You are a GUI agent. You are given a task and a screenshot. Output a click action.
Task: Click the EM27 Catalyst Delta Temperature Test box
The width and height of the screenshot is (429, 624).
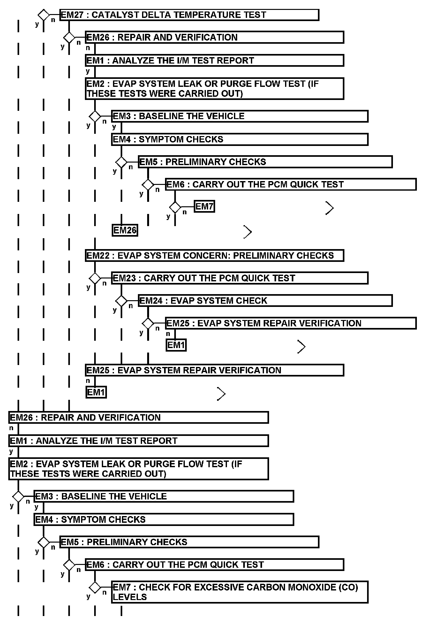click(189, 15)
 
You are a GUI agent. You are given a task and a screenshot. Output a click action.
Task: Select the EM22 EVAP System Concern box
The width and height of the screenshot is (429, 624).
click(214, 255)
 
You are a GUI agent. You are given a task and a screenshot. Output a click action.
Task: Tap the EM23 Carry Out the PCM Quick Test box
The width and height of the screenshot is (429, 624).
click(240, 278)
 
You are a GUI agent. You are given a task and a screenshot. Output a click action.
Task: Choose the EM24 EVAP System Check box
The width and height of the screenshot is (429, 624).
click(265, 301)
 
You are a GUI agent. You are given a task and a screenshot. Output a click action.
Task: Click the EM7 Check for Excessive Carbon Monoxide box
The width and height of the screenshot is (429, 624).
click(240, 592)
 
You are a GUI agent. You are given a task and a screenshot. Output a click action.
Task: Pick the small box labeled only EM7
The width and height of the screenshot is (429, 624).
click(204, 207)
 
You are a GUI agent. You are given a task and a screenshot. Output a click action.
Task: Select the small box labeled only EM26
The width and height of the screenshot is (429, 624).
click(125, 230)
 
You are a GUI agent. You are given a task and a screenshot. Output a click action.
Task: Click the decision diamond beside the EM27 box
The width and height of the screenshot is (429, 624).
click(44, 15)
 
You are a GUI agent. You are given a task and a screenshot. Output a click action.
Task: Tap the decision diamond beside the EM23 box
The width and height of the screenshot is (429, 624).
click(95, 278)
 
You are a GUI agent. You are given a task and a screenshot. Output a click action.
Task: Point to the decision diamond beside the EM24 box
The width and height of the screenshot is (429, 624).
click(121, 301)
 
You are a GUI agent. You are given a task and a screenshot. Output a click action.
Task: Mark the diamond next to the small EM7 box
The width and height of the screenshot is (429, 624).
click(175, 207)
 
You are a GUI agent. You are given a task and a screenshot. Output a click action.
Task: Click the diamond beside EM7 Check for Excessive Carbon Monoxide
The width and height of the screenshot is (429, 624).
click(95, 587)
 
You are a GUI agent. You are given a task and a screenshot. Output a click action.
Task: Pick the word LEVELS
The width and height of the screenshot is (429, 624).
click(130, 597)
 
